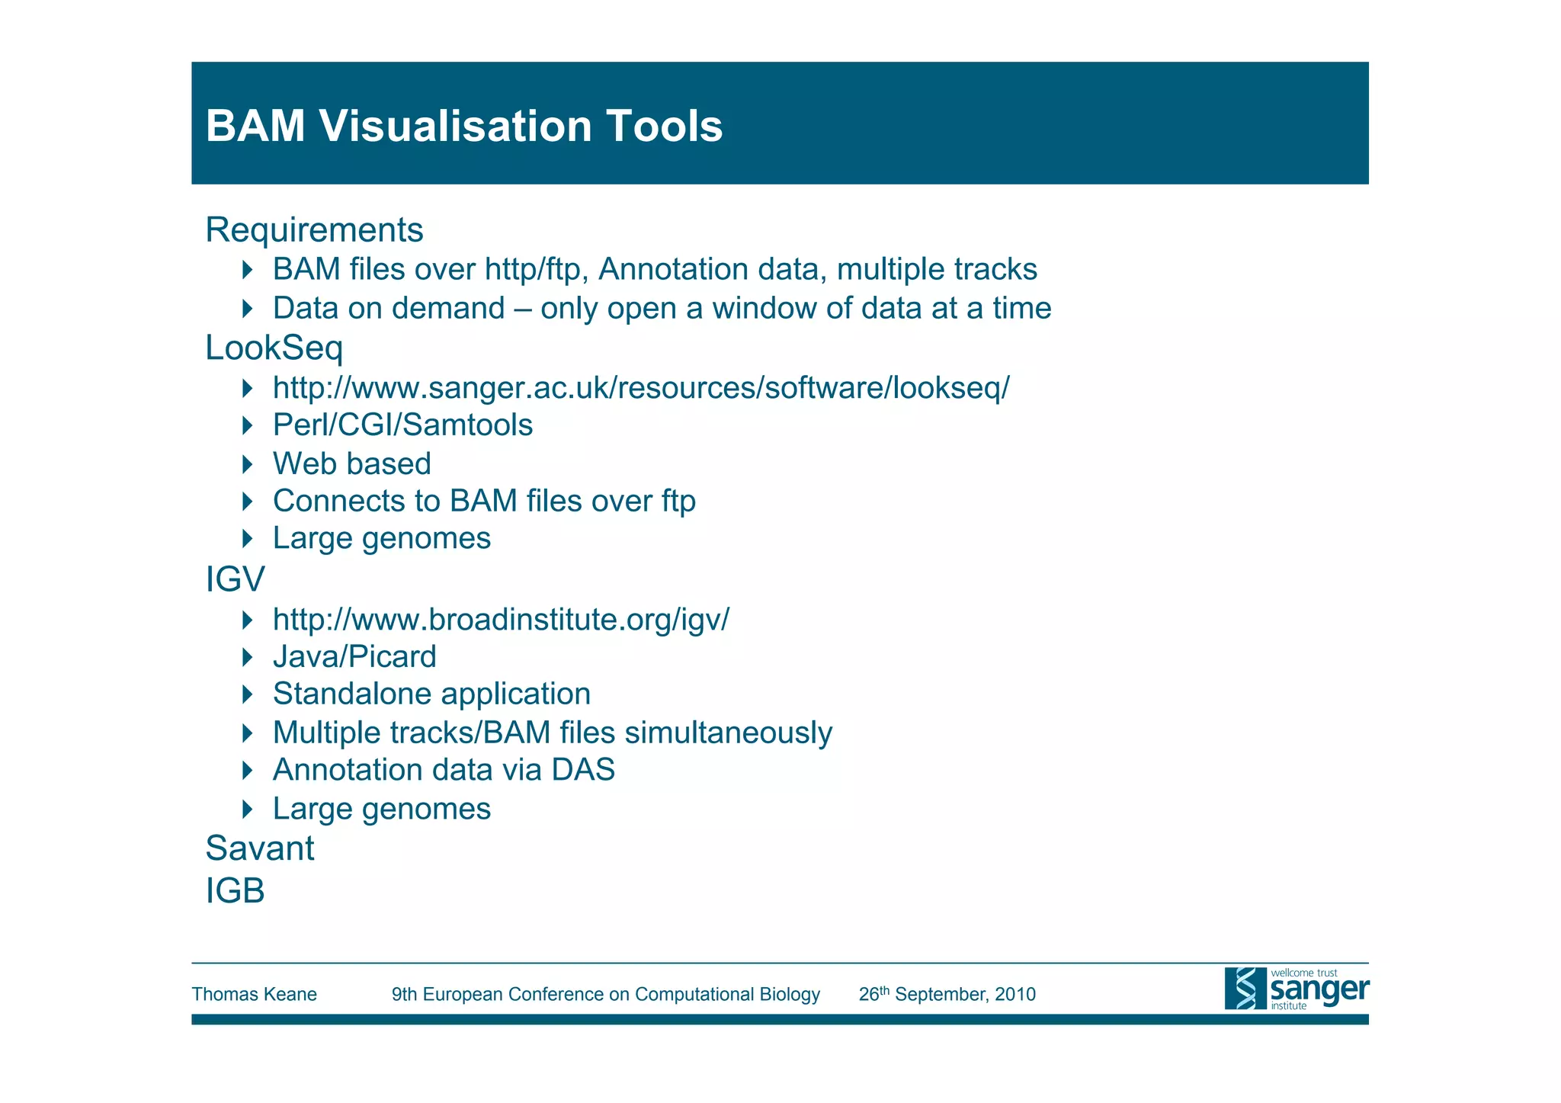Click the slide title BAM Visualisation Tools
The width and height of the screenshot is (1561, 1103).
(x=463, y=126)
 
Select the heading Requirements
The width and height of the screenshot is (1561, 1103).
(x=314, y=230)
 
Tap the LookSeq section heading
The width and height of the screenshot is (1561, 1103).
(x=274, y=348)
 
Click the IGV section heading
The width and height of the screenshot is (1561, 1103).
(x=236, y=579)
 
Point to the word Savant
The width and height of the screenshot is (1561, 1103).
(x=260, y=848)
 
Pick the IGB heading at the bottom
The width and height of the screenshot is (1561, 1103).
(x=236, y=891)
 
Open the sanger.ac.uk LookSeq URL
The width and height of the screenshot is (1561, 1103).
(x=640, y=388)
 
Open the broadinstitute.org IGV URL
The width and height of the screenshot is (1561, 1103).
(x=501, y=619)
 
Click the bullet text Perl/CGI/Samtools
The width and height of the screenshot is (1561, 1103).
(x=402, y=425)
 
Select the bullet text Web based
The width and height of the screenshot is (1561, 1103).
(x=352, y=464)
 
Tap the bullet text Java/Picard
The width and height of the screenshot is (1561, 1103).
(x=354, y=657)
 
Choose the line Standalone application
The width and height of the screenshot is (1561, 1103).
(x=431, y=694)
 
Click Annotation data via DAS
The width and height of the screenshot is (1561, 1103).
(x=444, y=770)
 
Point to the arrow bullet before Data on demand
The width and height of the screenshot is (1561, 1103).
(x=247, y=309)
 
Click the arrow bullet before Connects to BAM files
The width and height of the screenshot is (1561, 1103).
(x=247, y=502)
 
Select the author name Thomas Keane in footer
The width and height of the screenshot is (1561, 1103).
(x=254, y=995)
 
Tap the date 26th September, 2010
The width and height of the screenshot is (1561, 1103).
(x=947, y=995)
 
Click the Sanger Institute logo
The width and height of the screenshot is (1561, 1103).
(x=1296, y=989)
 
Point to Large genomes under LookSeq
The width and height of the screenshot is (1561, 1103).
(x=381, y=539)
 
